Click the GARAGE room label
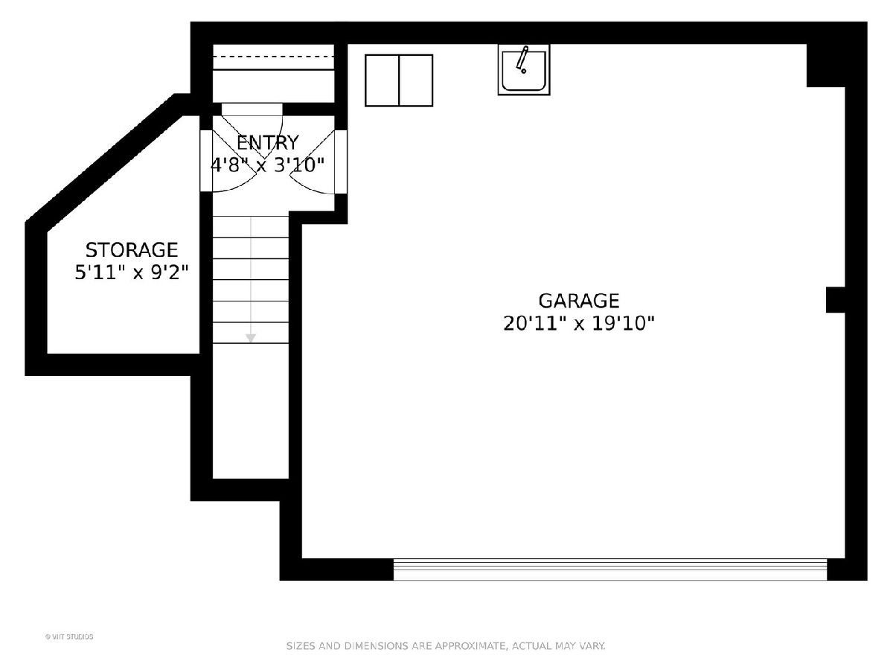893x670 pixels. [x=578, y=301]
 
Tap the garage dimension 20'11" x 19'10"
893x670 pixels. [x=578, y=324]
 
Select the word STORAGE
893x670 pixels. [x=132, y=250]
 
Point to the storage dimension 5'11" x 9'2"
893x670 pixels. [x=132, y=272]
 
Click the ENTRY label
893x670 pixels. [x=268, y=143]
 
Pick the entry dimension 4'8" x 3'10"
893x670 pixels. [x=268, y=165]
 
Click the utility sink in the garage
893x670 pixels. [x=524, y=70]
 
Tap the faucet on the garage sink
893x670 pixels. [x=522, y=60]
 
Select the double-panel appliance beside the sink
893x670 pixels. [x=399, y=80]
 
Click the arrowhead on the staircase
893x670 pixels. [x=251, y=338]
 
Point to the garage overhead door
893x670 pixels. [x=610, y=569]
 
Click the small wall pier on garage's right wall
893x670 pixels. [x=836, y=300]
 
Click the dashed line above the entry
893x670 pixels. [x=274, y=57]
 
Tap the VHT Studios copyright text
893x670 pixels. [x=69, y=636]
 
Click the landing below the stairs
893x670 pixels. [x=251, y=411]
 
